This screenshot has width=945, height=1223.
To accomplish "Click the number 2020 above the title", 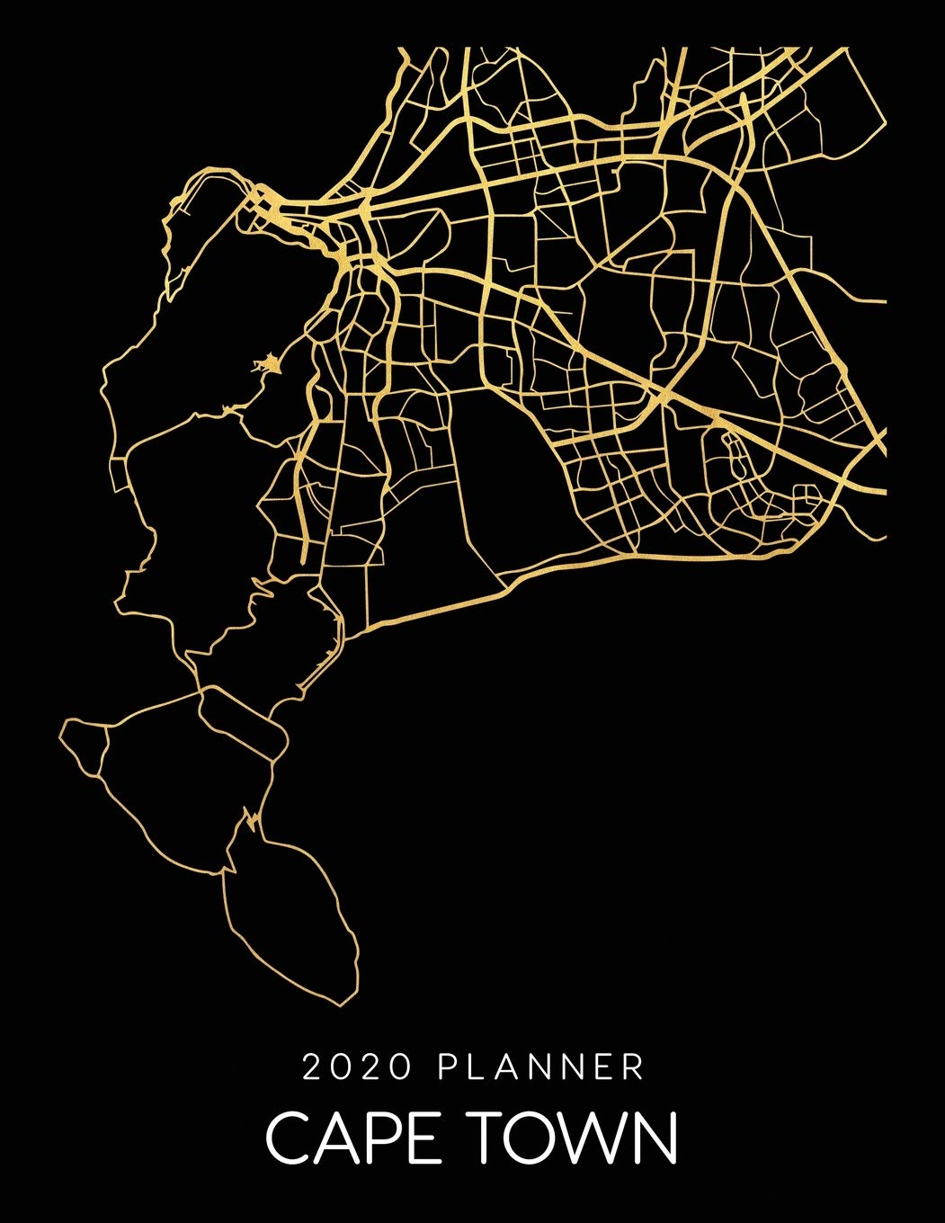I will pos(357,1067).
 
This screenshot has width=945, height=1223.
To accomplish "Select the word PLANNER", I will pos(541,1067).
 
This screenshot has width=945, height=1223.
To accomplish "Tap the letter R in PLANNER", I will pos(634,1067).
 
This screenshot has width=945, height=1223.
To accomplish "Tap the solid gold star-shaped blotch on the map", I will pos(266,365).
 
